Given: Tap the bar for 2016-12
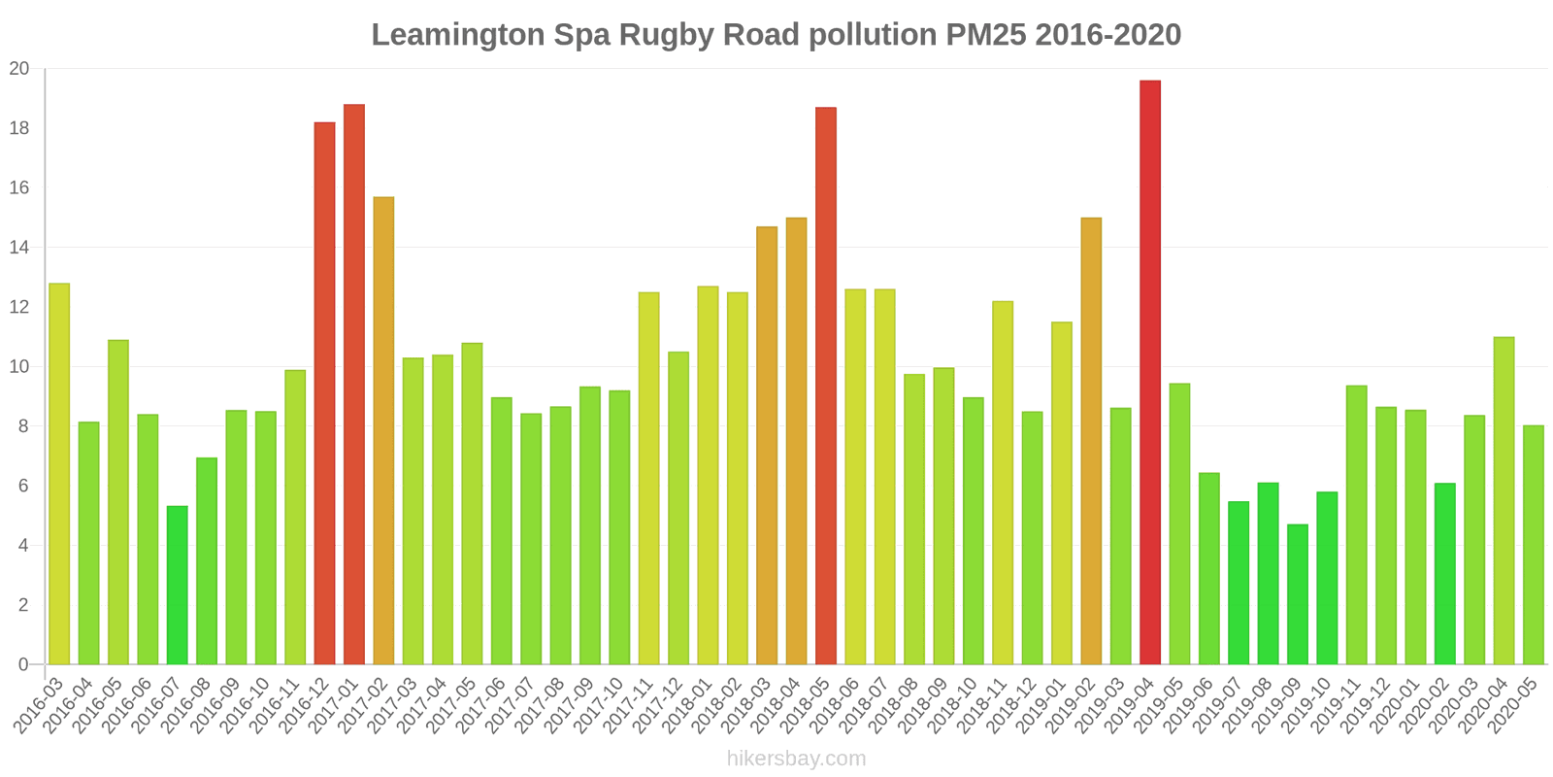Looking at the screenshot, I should [x=324, y=392].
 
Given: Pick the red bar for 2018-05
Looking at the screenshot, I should [x=826, y=386].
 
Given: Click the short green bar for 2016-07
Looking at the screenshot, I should [x=177, y=585].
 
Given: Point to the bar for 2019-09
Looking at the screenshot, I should [x=1297, y=593].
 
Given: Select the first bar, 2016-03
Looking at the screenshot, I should [x=59, y=474].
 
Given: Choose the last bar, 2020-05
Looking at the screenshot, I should [x=1533, y=544].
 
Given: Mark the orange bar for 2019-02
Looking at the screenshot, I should [x=1091, y=441].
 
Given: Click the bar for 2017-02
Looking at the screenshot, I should [x=383, y=430].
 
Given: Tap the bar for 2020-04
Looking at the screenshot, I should [x=1503, y=500].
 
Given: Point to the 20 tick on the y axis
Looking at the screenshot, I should [x=19, y=69].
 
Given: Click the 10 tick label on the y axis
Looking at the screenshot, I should [x=19, y=367].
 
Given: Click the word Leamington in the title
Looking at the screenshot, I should [x=457, y=35].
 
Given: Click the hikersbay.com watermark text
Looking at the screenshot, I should [x=796, y=759].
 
